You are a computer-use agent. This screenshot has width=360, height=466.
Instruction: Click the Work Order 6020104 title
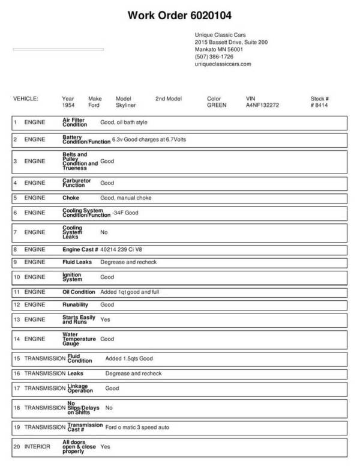(180, 15)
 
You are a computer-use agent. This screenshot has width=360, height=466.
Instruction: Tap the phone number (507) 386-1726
(214, 56)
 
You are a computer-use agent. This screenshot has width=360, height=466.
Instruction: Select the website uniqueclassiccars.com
(223, 64)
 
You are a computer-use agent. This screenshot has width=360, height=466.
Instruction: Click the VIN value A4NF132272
(262, 105)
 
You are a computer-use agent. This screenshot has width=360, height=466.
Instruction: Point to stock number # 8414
(319, 105)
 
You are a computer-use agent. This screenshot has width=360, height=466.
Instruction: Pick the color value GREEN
(217, 105)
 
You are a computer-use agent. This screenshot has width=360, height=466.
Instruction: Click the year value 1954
(68, 105)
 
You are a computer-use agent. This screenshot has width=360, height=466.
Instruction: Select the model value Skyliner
(126, 105)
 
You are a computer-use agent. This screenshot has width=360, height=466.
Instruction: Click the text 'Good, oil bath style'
(124, 123)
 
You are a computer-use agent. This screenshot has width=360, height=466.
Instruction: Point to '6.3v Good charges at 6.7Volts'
(149, 139)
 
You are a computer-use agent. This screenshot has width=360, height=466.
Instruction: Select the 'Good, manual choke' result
(126, 198)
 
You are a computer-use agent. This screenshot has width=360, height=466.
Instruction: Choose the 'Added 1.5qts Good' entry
(129, 359)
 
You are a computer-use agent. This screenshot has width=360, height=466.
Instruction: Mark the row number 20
(16, 447)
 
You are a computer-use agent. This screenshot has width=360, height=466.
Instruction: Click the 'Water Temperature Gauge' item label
(79, 339)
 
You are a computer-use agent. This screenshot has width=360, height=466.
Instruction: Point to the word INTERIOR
(37, 447)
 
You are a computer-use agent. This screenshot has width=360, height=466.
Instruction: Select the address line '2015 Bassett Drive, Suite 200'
(231, 43)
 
